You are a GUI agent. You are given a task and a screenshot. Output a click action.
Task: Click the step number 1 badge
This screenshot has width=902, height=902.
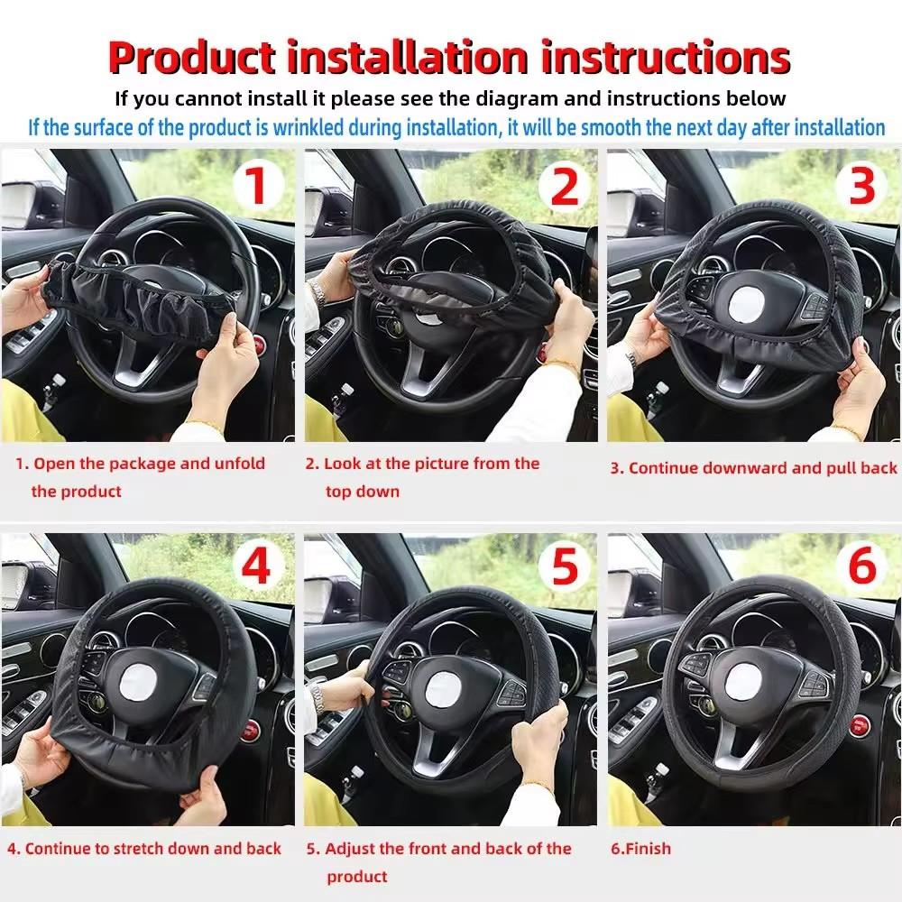coord(256,187)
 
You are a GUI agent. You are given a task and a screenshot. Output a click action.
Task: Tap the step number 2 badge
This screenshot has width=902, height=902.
coord(564,187)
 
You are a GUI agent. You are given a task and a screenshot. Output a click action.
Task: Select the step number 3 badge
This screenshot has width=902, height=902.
coord(862,185)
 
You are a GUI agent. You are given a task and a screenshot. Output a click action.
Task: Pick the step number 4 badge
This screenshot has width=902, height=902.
coord(256,568)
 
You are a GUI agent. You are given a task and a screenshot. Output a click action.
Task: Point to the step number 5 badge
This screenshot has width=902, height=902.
coord(564,568)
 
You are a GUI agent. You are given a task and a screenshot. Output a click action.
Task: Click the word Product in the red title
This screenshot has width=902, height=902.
coord(191,57)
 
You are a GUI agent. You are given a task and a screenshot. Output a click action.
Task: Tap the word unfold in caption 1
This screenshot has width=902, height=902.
coord(239,464)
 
